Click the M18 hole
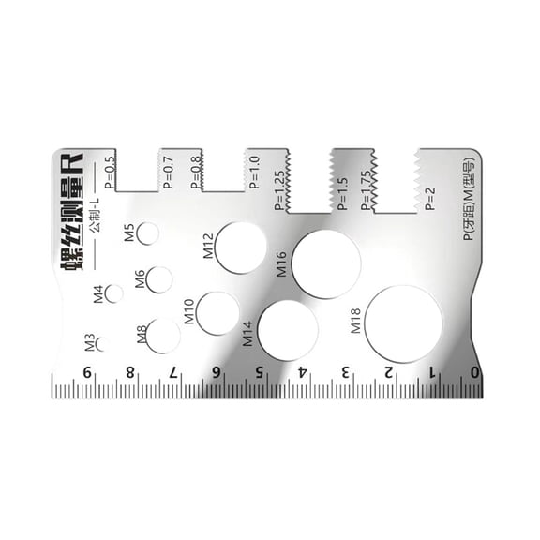(403, 323)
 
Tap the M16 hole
(325, 263)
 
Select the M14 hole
(288, 330)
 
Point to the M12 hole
(241, 247)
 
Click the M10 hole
(217, 313)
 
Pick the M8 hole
(163, 336)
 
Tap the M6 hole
(159, 279)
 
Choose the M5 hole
(148, 233)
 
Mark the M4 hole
(114, 293)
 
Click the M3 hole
(100, 343)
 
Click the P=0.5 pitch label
(111, 172)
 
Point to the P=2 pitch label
(430, 199)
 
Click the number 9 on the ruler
(88, 372)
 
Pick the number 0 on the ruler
(474, 372)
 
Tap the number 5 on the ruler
(259, 372)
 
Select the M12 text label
(208, 246)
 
